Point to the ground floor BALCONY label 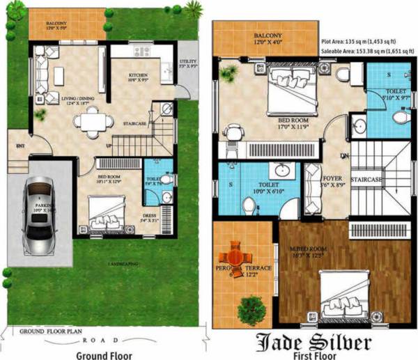[57, 24]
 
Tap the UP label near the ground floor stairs [108, 145]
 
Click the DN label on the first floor [343, 155]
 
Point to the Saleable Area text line [369, 52]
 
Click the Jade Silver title [313, 342]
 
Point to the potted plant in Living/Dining [40, 113]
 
